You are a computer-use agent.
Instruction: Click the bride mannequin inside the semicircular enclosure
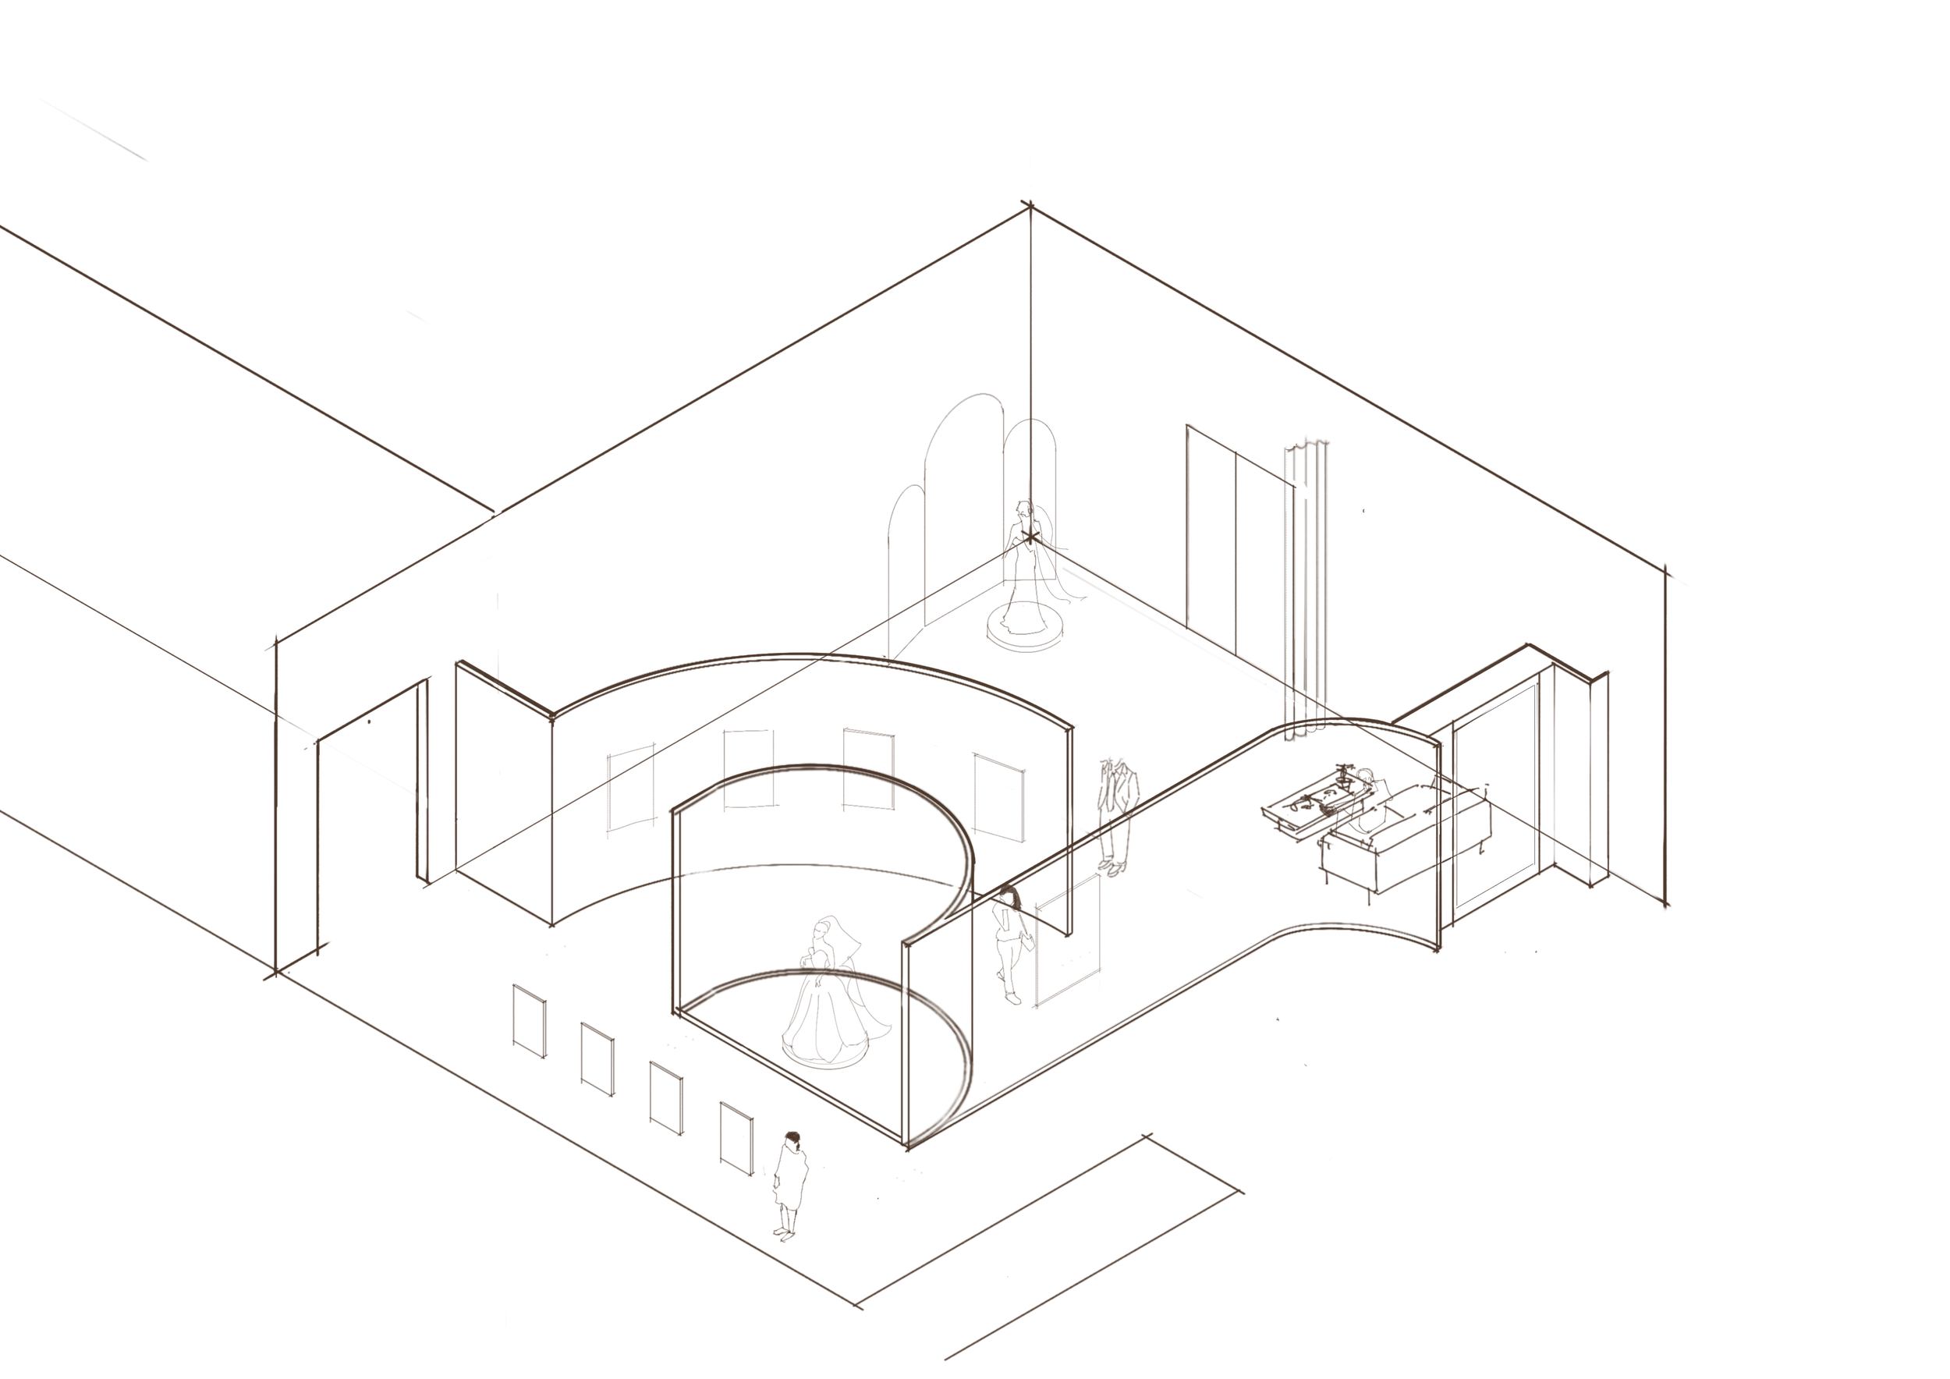[822, 994]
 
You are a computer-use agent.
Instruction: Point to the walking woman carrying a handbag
[1011, 942]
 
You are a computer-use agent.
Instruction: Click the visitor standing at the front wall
[789, 1185]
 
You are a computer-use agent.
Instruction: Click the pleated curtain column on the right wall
[1306, 586]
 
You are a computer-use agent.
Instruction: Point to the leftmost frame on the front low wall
[529, 1021]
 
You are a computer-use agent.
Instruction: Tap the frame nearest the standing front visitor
[736, 1139]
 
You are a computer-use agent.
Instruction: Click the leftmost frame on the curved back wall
[631, 789]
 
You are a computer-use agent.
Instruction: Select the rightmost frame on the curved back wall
[998, 796]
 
